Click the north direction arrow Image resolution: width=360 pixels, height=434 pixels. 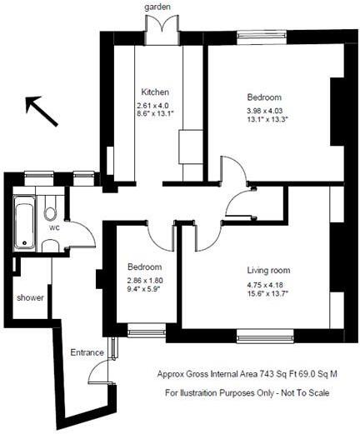[42, 111]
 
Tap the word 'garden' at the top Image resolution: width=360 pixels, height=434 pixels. [157, 7]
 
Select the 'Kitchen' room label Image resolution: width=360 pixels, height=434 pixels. [155, 92]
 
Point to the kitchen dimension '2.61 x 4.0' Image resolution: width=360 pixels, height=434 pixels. [152, 105]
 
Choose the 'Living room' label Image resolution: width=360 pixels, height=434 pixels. [267, 271]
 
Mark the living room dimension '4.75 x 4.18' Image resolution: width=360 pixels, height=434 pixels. [267, 285]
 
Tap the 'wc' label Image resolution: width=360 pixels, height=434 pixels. [53, 227]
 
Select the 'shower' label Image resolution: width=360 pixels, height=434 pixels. [30, 297]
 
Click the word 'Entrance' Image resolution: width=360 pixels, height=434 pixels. [87, 351]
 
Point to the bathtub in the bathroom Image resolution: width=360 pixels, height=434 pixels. [25, 221]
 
